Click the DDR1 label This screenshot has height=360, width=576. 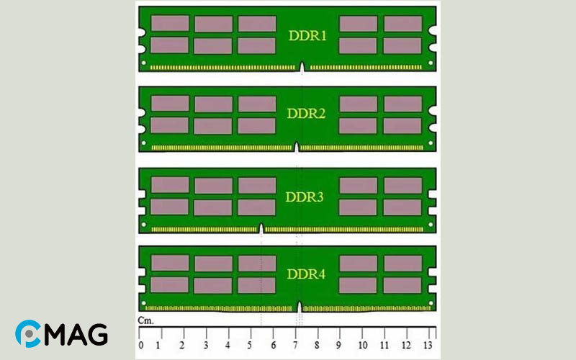point(307,35)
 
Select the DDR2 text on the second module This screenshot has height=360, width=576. point(306,114)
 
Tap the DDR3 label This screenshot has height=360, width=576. point(305,197)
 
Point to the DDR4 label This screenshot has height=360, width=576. point(306,274)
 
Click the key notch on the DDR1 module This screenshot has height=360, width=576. point(302,67)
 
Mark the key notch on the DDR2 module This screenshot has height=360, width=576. point(297,148)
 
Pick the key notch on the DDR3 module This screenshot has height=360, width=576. point(261,228)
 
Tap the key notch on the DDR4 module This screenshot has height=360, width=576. point(300,307)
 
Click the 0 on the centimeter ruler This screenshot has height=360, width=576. point(141,346)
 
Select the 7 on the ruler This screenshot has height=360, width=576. point(295,346)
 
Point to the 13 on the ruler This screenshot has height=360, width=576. point(428,346)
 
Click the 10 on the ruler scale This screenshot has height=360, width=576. point(363,346)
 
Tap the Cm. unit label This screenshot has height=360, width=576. point(145,320)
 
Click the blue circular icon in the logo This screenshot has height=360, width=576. point(28,333)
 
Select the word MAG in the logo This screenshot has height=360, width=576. point(76,334)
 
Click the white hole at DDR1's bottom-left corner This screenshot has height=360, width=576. point(143,63)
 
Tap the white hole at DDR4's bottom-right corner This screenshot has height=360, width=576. point(431,303)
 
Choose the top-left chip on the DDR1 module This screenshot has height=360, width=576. point(170,23)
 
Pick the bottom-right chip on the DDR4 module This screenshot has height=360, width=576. point(402,285)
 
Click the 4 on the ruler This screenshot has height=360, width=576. point(228,346)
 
